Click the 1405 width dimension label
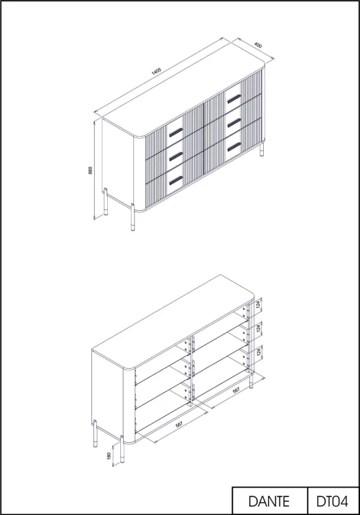tap(156, 71)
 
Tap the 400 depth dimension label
tap(258, 45)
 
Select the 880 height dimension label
tap(90, 170)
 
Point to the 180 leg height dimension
tap(109, 456)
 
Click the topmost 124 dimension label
tap(258, 305)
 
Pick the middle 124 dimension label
tap(258, 328)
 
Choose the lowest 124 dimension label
tap(258, 352)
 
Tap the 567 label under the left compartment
tap(179, 424)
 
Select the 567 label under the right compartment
tap(236, 391)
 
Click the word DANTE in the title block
tap(269, 501)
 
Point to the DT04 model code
tap(332, 501)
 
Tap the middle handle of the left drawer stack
tap(176, 156)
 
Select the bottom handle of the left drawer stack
tap(176, 181)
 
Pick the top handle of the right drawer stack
tap(234, 98)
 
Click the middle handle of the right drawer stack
tap(234, 122)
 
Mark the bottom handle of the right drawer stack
tap(234, 147)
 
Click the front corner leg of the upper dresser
tap(133, 218)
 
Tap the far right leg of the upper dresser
tap(262, 149)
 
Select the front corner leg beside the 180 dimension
tap(122, 451)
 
